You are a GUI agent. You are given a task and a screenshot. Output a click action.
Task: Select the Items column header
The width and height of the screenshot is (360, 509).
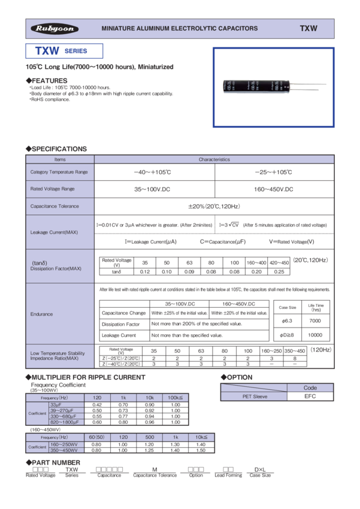60,160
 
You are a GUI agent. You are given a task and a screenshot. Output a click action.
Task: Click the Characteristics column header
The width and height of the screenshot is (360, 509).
214,160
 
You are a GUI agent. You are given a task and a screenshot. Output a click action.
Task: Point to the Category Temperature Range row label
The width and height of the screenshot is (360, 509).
59,172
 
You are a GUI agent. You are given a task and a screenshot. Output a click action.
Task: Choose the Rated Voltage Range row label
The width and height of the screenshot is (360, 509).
52,189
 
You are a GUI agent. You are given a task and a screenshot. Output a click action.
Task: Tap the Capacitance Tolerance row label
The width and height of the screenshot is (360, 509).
55,206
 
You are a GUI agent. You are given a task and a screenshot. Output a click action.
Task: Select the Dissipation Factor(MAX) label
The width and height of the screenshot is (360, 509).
56,269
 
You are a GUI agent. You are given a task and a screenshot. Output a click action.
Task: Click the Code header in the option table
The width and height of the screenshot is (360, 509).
310,388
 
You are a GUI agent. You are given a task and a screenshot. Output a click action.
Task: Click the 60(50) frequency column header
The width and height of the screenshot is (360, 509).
96,438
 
